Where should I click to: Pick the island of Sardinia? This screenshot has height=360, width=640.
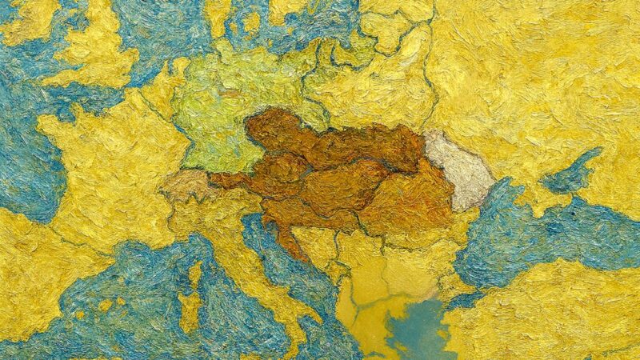[190, 309]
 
